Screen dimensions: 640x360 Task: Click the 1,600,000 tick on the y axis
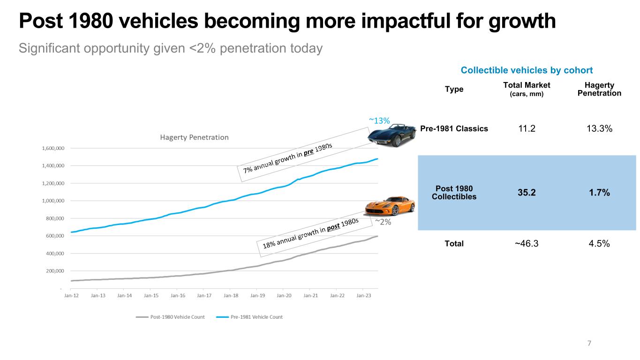click(53, 148)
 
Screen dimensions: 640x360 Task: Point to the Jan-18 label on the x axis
click(231, 295)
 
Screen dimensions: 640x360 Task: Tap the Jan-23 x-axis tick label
click(364, 295)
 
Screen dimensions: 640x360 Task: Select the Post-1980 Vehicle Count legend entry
click(170, 317)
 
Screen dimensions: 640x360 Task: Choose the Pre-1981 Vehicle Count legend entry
click(249, 317)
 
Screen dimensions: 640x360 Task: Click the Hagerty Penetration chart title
click(194, 137)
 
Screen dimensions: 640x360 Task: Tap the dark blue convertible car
click(392, 135)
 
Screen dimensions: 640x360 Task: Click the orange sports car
click(390, 206)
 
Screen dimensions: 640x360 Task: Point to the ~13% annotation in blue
click(379, 121)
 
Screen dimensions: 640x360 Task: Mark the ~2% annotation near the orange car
click(383, 222)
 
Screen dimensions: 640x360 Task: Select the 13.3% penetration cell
click(599, 128)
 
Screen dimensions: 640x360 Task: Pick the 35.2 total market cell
click(527, 193)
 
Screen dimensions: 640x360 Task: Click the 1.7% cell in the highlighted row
click(599, 193)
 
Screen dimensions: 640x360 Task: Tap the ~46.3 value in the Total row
click(527, 243)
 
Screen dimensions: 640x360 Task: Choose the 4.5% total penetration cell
click(599, 243)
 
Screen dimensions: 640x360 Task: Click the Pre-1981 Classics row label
click(454, 128)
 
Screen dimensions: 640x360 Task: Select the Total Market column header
click(527, 89)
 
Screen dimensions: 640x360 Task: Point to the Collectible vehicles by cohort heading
click(527, 70)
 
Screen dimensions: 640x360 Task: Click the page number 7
click(589, 343)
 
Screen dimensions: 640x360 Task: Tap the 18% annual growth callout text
click(310, 233)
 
